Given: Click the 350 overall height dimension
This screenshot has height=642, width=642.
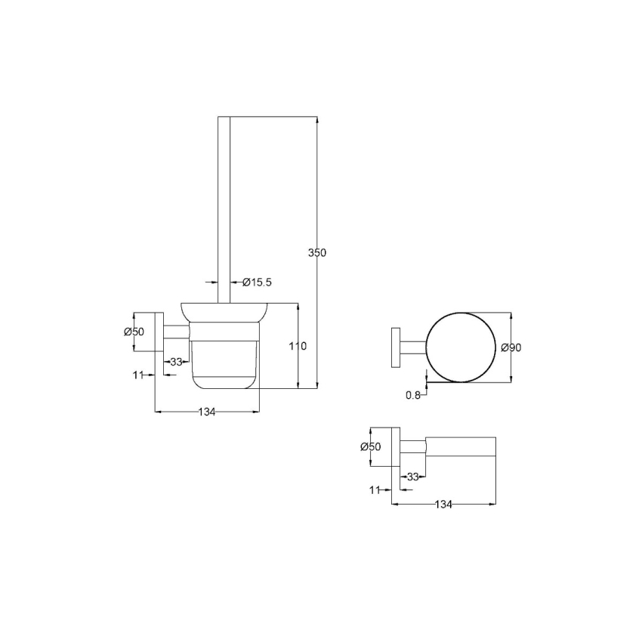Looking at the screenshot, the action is coord(317,253).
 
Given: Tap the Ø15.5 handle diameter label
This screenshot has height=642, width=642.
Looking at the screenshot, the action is coord(257,282).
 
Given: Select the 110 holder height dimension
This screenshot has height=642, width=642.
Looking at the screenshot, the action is coord(298,347).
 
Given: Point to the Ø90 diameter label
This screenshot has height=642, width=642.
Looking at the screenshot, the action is coord(511,347).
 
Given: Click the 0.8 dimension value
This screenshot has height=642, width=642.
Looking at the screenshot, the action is coord(413,395).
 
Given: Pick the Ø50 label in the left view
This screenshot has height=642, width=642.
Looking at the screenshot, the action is coord(134,332).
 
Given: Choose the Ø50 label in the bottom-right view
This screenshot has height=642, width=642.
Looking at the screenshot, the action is coord(371,446).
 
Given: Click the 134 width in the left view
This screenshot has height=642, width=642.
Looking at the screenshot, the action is coord(207,412).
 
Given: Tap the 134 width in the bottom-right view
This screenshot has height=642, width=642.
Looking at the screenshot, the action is coord(443,505).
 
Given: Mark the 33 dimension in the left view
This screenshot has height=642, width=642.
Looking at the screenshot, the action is coord(176,362).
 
